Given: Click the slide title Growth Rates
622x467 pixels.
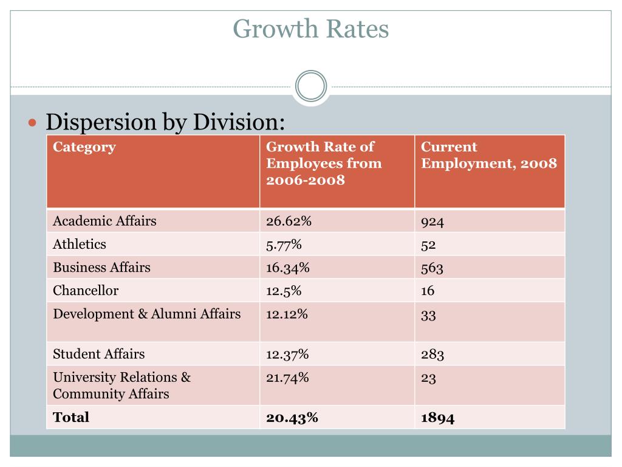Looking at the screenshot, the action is coord(310,29).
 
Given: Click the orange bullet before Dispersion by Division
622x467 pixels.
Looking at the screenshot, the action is coord(33,123).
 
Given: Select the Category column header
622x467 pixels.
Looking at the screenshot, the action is coord(84,147).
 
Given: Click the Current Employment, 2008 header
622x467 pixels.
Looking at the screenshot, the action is coord(489,155).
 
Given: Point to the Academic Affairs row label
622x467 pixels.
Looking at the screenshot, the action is coord(104,221).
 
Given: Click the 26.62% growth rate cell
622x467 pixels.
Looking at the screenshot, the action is coord(289,221).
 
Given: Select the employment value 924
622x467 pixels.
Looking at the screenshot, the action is coord(432,221).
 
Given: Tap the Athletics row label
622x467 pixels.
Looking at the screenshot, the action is coord(80,244).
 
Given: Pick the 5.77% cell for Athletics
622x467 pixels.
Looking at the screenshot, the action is coord(284,244).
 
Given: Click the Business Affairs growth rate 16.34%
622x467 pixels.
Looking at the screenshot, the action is coord(287,268).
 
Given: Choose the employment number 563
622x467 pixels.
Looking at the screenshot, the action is coord(432,268).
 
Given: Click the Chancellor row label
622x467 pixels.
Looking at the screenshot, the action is coord(86,290).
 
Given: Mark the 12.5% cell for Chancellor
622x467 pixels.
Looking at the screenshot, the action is coord(284,291).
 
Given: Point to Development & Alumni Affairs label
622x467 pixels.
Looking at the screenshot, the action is coord(147,314).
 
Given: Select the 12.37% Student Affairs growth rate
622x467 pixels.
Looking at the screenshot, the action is coord(287,355).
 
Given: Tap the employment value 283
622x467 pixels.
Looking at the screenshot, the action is coord(432,355).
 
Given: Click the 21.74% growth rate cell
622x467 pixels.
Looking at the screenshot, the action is coord(287,377).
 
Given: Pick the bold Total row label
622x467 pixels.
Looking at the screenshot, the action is coord(71,417).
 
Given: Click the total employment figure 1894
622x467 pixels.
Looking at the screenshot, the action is coord(437,418).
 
